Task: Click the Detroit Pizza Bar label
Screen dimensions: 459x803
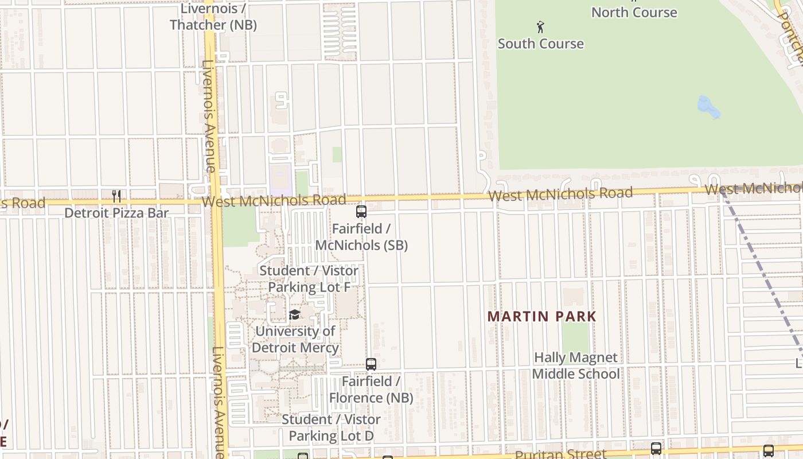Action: tap(116, 213)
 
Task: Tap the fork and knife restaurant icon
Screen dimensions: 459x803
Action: tap(116, 196)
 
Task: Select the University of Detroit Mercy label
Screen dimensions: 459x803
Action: tap(295, 340)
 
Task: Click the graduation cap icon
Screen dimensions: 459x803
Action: tap(295, 314)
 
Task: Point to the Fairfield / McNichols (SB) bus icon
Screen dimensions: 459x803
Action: tap(361, 212)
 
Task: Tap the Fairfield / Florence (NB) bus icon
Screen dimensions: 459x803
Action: tap(371, 364)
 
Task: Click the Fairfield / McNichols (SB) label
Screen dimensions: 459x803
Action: tap(361, 237)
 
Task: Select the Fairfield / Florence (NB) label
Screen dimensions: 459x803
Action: tap(371, 390)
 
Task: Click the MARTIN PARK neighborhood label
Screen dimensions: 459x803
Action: tap(542, 316)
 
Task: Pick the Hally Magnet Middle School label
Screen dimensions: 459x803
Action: tap(576, 366)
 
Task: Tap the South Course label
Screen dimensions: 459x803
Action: tap(540, 44)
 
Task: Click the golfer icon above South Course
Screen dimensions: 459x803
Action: tap(540, 26)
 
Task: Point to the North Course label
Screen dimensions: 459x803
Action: tap(634, 12)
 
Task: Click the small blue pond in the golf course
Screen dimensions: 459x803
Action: tap(708, 107)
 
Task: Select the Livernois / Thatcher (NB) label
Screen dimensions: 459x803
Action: tap(213, 17)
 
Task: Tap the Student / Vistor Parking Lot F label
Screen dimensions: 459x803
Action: tap(309, 279)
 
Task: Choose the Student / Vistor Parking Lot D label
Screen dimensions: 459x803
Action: tap(331, 427)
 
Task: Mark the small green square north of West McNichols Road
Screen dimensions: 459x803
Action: tap(337, 154)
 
